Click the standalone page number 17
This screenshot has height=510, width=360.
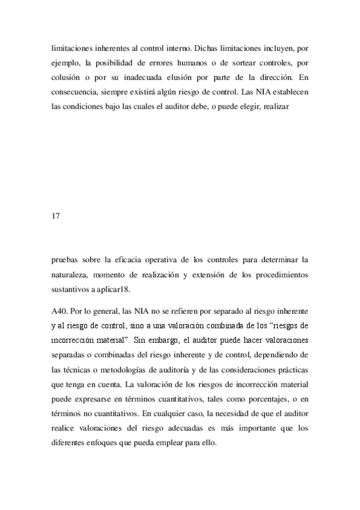point(57,215)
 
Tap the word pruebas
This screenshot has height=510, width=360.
point(67,260)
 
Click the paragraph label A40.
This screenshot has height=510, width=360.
point(61,313)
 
